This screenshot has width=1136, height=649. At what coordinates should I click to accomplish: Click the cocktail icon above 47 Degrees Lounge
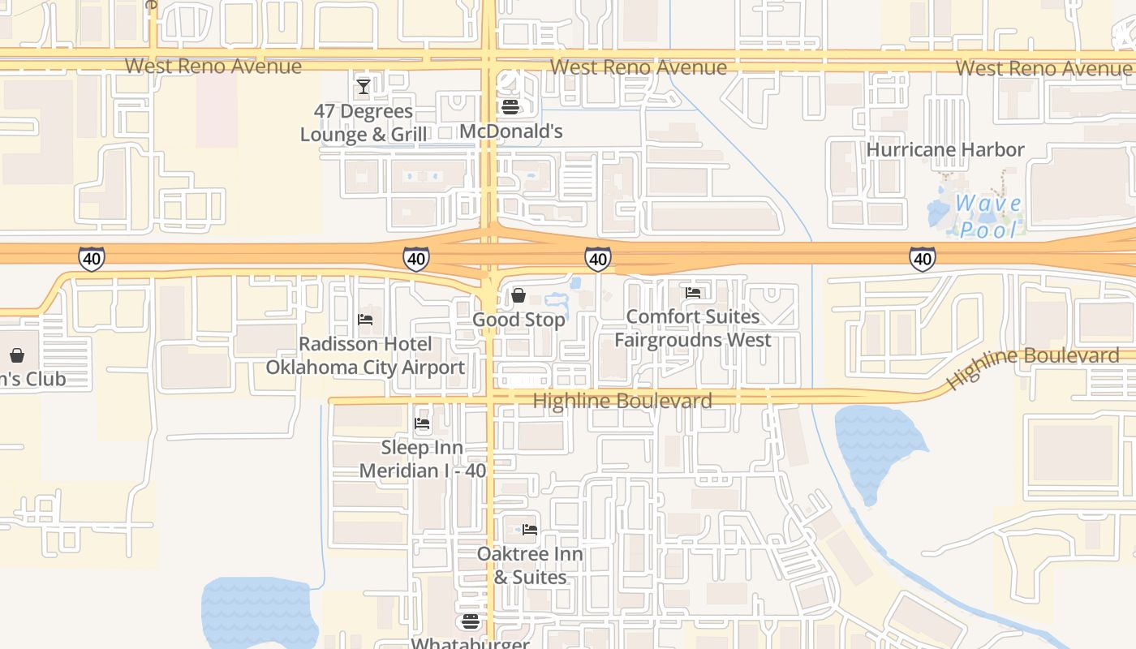point(364,86)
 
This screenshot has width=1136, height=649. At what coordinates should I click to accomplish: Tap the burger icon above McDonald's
point(510,106)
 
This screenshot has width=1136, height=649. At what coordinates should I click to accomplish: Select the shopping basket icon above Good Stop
point(518,295)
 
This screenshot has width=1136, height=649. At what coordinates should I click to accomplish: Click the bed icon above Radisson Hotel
point(365,320)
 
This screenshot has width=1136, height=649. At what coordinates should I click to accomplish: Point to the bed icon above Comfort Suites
point(693,293)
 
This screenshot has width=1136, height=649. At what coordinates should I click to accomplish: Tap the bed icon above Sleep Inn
point(422,423)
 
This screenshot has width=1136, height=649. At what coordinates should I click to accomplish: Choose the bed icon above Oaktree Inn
point(530,530)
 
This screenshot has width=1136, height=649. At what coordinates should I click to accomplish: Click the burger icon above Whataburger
point(471,621)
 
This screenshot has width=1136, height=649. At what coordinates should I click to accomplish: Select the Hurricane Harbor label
point(945,149)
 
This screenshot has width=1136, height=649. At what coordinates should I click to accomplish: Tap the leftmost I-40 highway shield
point(91,259)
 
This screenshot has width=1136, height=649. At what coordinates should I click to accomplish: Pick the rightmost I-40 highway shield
point(922,259)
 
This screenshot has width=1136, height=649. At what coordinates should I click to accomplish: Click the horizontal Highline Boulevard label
point(622,401)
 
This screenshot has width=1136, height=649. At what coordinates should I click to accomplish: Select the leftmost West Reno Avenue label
point(213,66)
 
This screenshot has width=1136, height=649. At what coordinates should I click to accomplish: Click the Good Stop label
point(519,320)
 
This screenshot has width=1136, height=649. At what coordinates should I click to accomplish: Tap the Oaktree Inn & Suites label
point(530,565)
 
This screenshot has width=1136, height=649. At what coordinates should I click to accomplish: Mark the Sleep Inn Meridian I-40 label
point(422,459)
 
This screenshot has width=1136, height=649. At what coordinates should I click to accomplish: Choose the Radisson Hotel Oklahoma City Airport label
point(365,355)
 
